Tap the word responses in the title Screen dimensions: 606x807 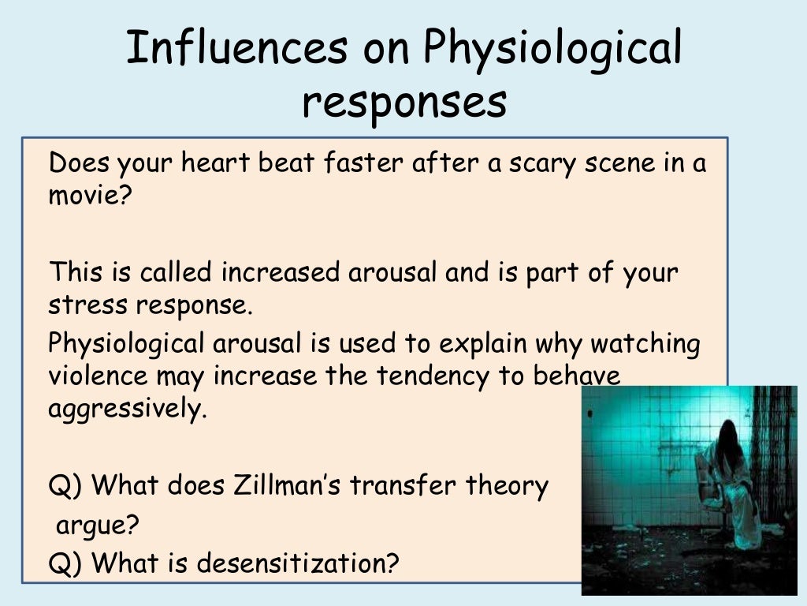403,103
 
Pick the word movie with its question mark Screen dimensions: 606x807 87,195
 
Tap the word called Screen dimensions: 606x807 177,273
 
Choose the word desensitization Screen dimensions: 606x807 298,563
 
